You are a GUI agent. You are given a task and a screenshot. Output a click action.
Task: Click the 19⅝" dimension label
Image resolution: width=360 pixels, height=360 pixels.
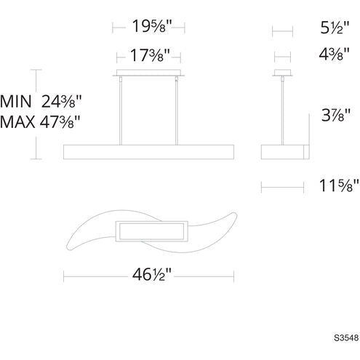[x=152, y=26]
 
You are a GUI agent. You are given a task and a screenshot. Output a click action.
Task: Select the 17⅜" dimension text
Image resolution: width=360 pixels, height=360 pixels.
[x=150, y=55]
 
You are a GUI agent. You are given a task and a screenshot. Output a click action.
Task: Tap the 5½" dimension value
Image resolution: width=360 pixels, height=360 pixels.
[x=335, y=28]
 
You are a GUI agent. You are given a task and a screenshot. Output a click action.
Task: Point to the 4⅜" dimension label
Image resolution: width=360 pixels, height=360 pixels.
[x=334, y=54]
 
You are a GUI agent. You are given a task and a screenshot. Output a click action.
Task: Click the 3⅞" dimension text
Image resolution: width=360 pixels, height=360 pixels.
[x=336, y=115]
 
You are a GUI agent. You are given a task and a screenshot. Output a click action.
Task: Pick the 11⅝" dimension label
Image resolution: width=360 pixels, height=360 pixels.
[x=339, y=185]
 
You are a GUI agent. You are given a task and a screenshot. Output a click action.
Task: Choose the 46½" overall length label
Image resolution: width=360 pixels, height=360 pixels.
[x=152, y=275]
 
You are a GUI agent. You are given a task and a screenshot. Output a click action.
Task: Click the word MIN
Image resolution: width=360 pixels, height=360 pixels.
[x=16, y=101]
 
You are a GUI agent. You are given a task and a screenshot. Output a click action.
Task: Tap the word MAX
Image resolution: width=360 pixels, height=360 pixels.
[x=17, y=122]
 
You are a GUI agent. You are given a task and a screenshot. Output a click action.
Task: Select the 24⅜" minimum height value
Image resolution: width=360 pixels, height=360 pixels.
[x=61, y=102]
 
